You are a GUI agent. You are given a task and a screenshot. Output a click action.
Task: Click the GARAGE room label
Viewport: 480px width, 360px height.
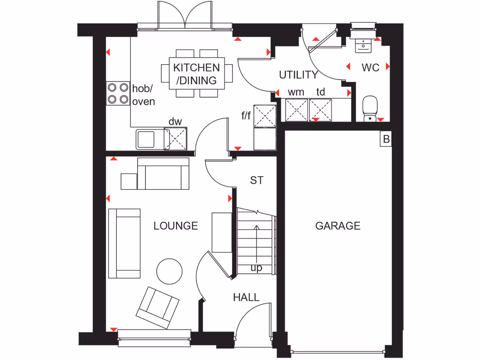click(x=337, y=226)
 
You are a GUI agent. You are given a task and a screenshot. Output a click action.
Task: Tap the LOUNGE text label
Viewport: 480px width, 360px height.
click(x=176, y=226)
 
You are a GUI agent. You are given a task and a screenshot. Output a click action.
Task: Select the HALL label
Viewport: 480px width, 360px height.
click(x=246, y=297)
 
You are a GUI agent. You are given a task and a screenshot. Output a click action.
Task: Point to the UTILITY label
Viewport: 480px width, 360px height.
click(x=299, y=75)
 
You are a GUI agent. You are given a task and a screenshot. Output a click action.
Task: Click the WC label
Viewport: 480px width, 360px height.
click(x=370, y=67)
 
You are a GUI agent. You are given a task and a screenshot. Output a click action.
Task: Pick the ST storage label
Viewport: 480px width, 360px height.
click(x=256, y=180)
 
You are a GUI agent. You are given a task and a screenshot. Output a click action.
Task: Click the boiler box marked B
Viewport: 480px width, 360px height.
click(x=386, y=139)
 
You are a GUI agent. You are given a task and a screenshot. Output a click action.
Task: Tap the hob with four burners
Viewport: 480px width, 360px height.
click(x=118, y=93)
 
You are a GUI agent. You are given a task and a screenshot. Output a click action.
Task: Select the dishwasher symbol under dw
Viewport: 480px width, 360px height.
click(x=176, y=139)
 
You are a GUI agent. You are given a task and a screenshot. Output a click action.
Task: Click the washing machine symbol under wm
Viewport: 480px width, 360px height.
click(x=296, y=110)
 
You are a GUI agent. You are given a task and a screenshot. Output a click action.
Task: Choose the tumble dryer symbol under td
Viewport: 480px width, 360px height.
click(x=321, y=110)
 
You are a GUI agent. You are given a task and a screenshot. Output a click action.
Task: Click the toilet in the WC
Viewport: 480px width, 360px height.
click(x=370, y=109)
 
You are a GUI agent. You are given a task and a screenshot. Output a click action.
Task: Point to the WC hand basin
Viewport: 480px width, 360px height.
click(x=363, y=45)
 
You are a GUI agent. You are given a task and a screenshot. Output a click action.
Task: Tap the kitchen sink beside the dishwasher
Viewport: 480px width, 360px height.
click(x=145, y=139)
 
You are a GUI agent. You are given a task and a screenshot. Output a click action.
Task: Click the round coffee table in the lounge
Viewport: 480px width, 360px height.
click(x=169, y=271)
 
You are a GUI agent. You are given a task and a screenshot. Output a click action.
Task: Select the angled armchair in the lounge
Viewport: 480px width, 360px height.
click(x=157, y=307)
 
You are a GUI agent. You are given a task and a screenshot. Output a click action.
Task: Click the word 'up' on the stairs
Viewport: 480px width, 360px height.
click(x=256, y=268)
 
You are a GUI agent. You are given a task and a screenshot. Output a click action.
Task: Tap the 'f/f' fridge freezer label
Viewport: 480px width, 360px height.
click(x=246, y=115)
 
